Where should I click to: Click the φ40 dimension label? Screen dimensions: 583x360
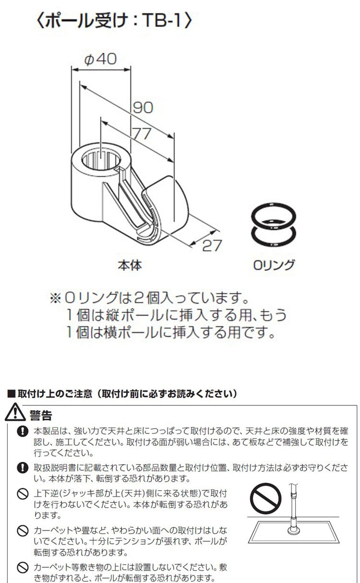point(101,59)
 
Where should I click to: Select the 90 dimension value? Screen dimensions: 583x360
point(143,107)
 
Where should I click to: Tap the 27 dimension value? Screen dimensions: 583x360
point(212,245)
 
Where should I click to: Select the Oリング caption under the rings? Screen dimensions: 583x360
point(274,265)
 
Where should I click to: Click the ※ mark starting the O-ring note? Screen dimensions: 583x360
point(56,299)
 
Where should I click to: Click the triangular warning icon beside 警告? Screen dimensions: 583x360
point(15,413)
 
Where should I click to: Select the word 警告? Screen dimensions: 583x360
point(40,414)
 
